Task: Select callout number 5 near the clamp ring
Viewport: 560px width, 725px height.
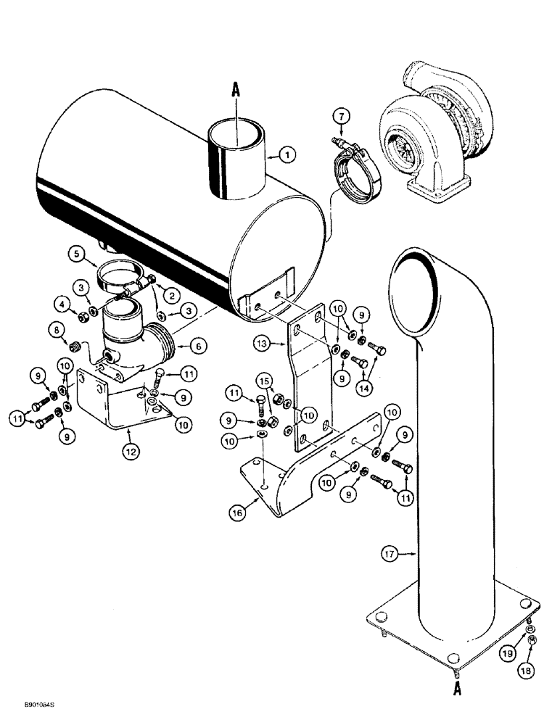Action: coord(78,254)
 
